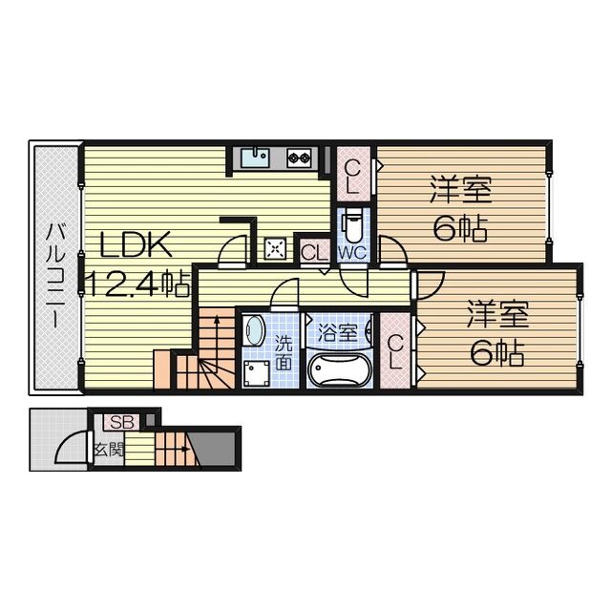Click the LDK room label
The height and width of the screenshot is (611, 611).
(136, 246)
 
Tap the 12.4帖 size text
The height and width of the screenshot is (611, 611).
(137, 282)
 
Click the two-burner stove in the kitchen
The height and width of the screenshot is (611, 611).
(299, 157)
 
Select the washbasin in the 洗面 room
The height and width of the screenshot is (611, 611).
(255, 330)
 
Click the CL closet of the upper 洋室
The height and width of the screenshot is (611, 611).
(352, 175)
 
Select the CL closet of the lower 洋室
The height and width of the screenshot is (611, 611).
(397, 353)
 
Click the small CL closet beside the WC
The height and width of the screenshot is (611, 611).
(312, 252)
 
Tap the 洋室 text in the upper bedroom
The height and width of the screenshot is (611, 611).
(459, 190)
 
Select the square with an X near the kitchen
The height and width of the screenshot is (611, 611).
(276, 248)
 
